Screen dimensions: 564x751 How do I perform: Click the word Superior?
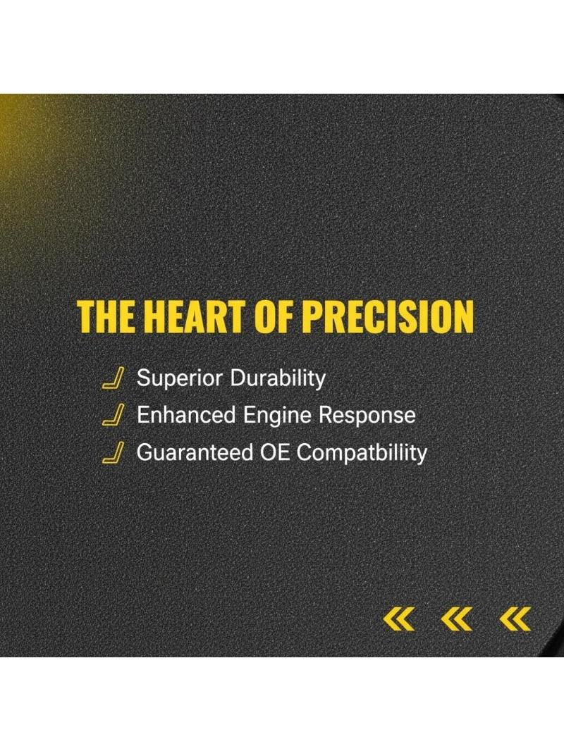pyautogui.click(x=180, y=379)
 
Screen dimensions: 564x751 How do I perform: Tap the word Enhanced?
pyautogui.click(x=186, y=415)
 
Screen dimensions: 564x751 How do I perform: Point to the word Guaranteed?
pyautogui.click(x=195, y=452)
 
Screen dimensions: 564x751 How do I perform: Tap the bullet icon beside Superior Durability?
pyautogui.click(x=113, y=378)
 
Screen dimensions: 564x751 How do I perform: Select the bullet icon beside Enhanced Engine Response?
pyautogui.click(x=113, y=415)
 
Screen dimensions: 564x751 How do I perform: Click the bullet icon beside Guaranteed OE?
pyautogui.click(x=113, y=452)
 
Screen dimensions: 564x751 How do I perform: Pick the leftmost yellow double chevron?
pyautogui.click(x=399, y=619)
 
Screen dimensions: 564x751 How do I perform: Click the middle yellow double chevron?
pyautogui.click(x=457, y=619)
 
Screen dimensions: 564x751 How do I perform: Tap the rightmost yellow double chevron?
pyautogui.click(x=515, y=619)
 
